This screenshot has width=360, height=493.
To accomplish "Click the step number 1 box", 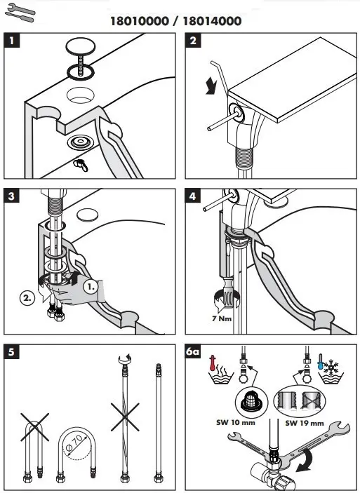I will point(12,41).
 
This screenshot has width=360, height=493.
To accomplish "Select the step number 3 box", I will point(12,197).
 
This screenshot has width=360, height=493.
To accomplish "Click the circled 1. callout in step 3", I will point(92,286).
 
